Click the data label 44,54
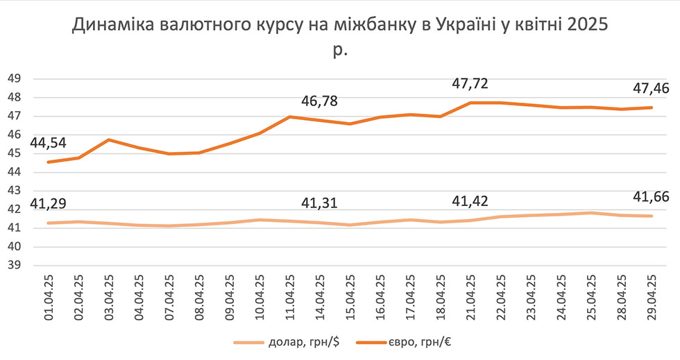24,142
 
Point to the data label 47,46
651,89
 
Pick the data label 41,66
651,198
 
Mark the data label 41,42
470,202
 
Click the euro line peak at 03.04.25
109,140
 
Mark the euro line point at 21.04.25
470,103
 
